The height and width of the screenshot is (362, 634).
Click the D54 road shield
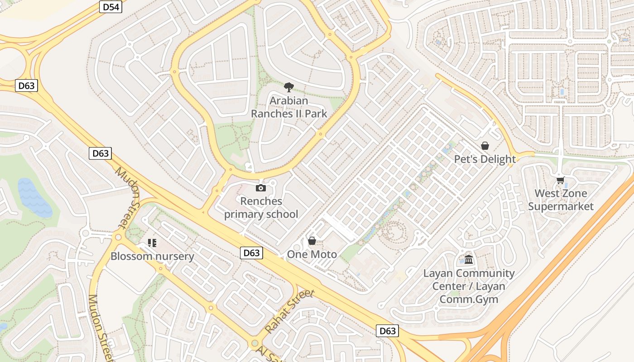point(110,7)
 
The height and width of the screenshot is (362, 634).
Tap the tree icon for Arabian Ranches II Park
point(288,87)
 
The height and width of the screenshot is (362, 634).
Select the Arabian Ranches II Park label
point(289,107)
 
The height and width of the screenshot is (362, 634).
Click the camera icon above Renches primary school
point(261,188)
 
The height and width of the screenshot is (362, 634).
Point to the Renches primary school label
point(261,208)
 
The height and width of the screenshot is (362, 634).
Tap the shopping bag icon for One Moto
point(312,241)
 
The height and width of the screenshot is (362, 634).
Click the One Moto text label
point(312,254)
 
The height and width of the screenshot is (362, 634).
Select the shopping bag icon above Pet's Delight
point(485,146)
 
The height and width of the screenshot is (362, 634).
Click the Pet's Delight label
point(485,159)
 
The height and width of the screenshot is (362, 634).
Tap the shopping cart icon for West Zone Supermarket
point(560,180)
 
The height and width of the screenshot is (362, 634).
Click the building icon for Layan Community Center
point(469,260)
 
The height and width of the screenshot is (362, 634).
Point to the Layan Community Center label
point(469,286)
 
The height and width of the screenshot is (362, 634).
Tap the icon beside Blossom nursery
point(152,243)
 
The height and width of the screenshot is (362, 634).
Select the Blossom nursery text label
point(152,257)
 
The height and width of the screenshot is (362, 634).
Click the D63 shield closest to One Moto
point(251,253)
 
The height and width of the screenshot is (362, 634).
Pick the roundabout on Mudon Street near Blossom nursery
point(119,237)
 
